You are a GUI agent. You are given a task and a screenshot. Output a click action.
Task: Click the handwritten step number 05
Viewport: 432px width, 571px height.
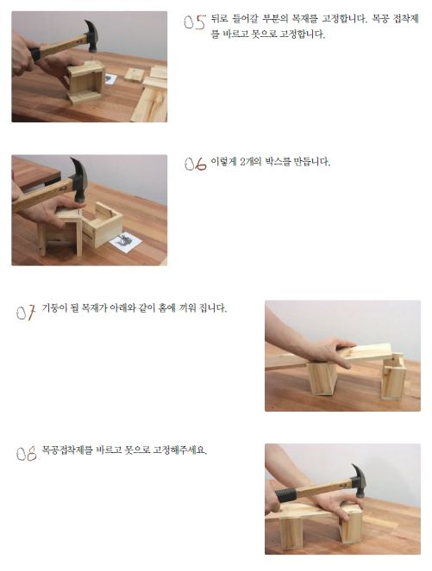point(195,22)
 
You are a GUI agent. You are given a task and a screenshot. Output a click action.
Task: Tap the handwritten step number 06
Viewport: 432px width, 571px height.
point(196,164)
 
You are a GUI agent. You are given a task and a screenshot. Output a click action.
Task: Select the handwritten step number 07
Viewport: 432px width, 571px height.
point(26,313)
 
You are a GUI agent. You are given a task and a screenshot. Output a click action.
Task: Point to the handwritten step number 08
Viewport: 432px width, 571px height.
point(26,454)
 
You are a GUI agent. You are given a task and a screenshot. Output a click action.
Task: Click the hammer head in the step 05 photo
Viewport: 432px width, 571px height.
point(91,35)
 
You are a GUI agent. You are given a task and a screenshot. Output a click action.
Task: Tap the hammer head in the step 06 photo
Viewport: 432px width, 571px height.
point(79,179)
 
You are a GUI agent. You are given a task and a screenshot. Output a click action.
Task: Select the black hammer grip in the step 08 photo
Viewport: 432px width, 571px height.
point(286,495)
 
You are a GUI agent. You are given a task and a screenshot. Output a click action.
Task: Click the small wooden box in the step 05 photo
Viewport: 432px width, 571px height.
point(86,82)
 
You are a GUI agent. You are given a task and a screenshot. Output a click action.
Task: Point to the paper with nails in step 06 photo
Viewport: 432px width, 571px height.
point(126,240)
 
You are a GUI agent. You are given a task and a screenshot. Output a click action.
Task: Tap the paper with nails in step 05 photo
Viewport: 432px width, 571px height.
point(110,79)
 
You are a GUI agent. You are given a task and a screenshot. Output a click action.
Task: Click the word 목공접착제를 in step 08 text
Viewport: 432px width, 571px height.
point(67,450)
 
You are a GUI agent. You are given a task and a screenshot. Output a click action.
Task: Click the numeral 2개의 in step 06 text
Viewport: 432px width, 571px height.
point(251,162)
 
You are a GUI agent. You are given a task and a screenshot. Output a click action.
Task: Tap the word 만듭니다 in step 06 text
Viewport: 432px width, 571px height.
point(312,162)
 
